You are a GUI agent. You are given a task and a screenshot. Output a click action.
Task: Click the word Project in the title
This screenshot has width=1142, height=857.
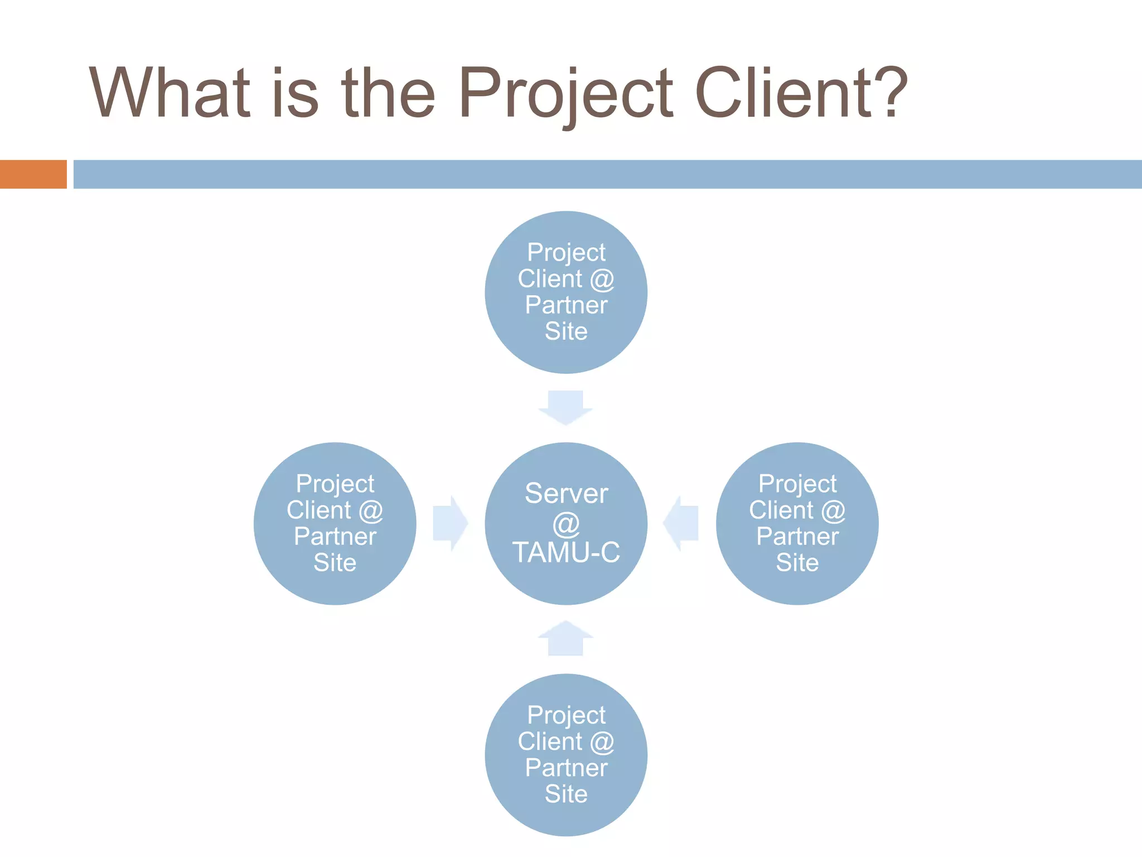(x=565, y=94)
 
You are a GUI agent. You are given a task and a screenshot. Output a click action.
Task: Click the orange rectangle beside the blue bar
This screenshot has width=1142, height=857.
(x=33, y=174)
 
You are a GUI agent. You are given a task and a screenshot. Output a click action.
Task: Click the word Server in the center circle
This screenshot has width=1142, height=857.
(x=566, y=493)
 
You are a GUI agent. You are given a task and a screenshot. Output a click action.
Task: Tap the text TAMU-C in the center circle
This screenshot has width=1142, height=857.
(x=566, y=552)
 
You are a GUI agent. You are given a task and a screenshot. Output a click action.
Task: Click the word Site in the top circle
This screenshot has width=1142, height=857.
(x=566, y=331)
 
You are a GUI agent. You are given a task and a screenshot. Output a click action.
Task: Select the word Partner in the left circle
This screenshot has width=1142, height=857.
(x=335, y=536)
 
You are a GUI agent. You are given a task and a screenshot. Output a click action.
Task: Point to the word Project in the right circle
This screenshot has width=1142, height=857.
(x=797, y=484)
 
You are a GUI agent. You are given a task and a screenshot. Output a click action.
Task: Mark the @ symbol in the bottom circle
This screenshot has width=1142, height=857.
(x=602, y=742)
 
